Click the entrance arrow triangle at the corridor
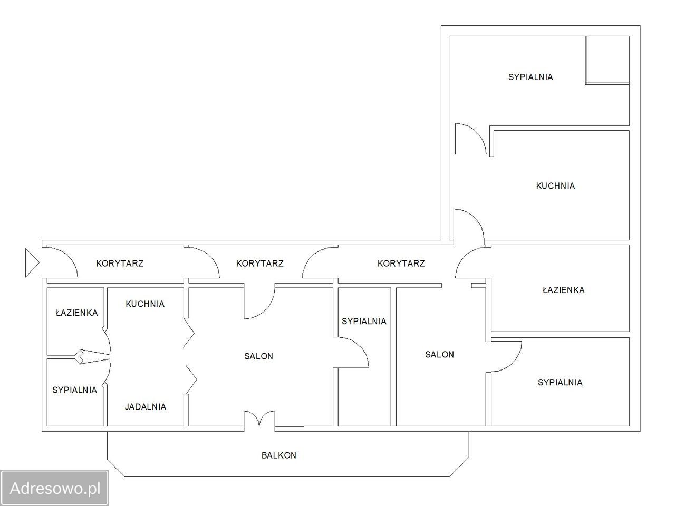[32, 263]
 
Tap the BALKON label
[278, 455]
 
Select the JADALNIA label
[146, 407]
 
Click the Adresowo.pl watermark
[55, 488]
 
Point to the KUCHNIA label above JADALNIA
[145, 304]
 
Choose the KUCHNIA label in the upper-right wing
[555, 186]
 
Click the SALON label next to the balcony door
[258, 356]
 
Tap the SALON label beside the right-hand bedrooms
[439, 355]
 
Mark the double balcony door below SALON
[259, 419]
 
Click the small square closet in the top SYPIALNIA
[607, 60]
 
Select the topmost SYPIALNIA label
[531, 77]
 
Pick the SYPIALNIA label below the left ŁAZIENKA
[74, 390]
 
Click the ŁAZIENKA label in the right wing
[563, 290]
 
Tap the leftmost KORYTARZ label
[120, 264]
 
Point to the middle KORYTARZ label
[259, 264]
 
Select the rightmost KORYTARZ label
[401, 264]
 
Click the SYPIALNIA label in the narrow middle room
[364, 321]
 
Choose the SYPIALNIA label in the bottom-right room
[560, 382]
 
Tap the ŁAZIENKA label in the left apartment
[76, 313]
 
